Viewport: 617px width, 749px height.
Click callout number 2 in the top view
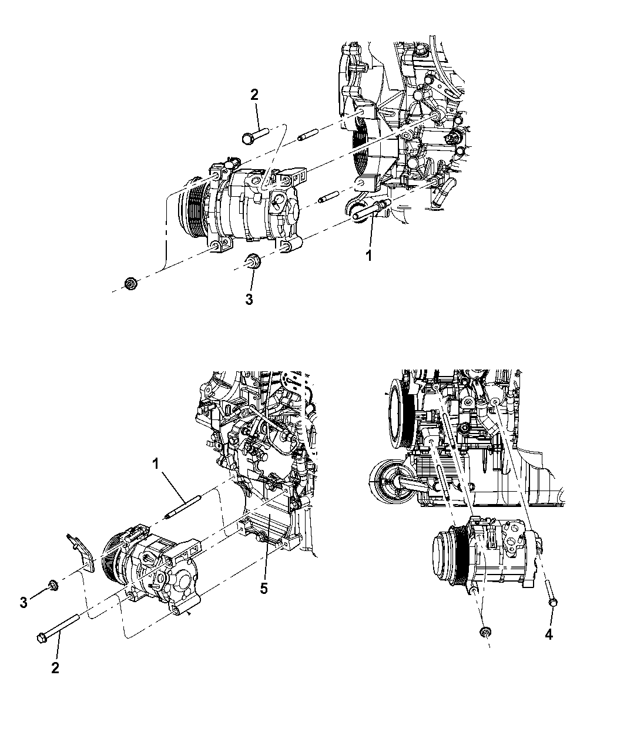click(254, 95)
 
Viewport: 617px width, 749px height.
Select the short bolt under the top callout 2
click(256, 136)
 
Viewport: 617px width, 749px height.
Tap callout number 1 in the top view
click(368, 256)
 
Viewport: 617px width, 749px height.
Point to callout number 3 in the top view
click(249, 299)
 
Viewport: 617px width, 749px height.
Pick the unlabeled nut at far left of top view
click(131, 284)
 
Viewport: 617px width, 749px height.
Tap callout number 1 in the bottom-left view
click(155, 465)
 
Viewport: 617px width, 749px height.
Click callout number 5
click(264, 588)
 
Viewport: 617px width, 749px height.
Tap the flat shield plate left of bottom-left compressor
click(81, 553)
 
